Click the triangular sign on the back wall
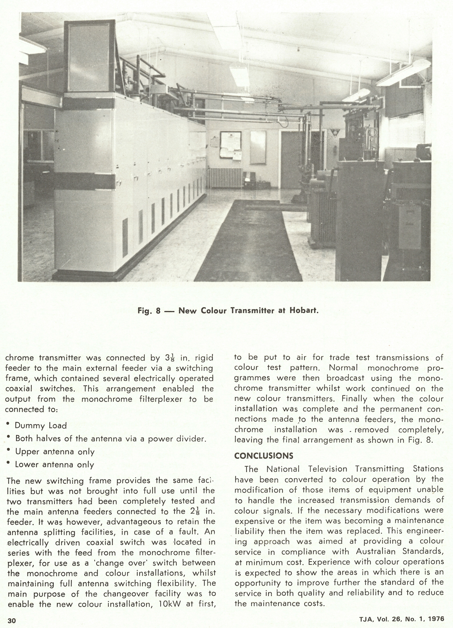coord(335,133)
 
